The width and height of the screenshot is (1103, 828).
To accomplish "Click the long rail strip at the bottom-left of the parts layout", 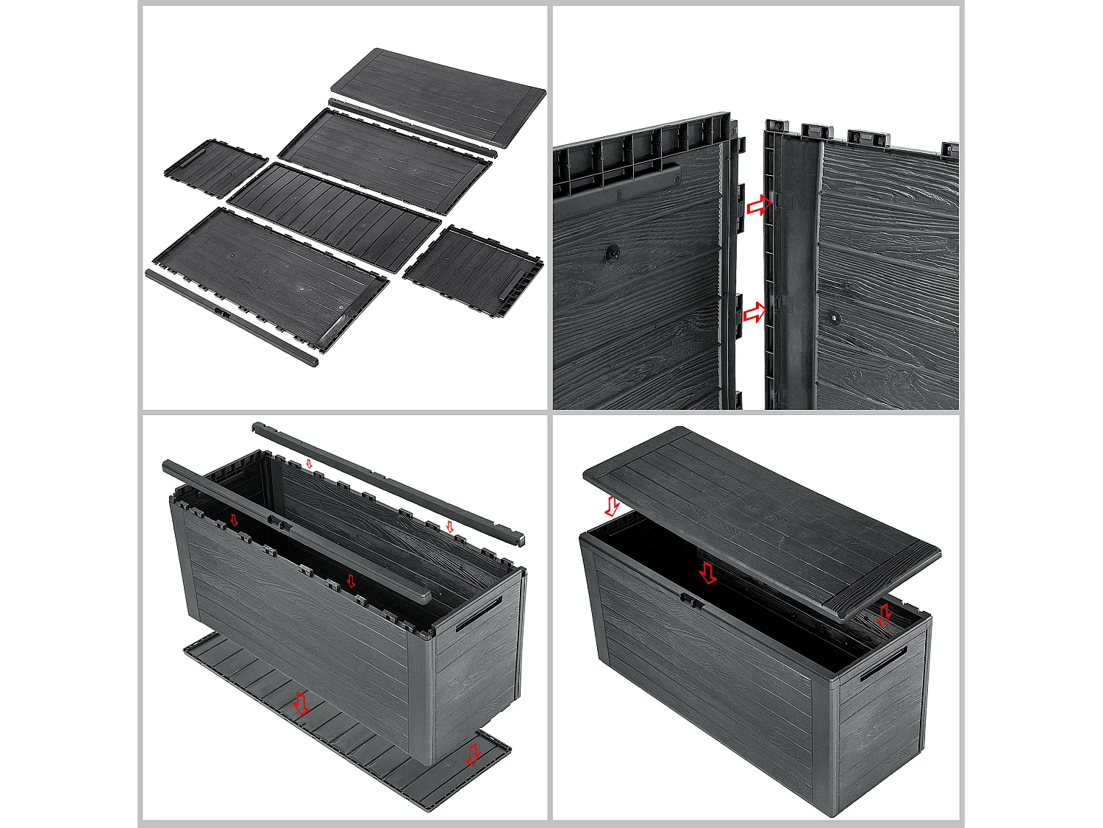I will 232,318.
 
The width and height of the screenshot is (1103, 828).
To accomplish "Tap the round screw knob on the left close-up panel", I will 611,254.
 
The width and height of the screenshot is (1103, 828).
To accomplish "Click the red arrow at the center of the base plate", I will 300,704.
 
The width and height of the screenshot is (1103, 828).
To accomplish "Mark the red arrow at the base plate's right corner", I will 473,753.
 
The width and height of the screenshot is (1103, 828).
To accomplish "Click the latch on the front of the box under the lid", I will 690,600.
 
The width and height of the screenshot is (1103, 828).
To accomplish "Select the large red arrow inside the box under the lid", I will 707,572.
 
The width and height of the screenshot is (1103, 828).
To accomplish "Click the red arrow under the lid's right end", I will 885,614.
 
